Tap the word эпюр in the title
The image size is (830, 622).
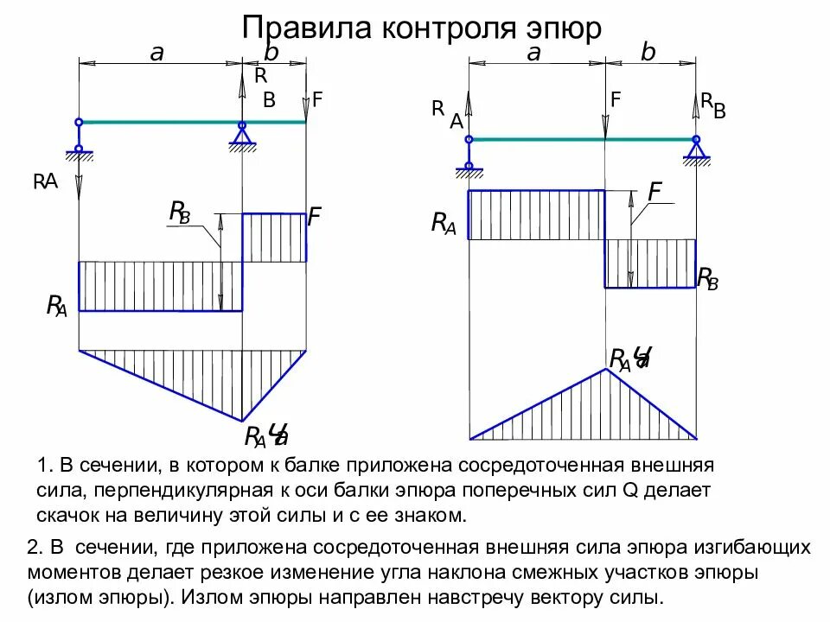[x=562, y=28]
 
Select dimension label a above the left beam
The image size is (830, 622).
[x=156, y=54]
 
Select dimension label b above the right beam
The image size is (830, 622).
[x=648, y=54]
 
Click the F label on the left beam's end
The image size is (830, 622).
[x=317, y=100]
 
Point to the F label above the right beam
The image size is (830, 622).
[x=616, y=100]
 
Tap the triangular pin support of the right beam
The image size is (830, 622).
[x=695, y=151]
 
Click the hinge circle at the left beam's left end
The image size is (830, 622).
[x=79, y=122]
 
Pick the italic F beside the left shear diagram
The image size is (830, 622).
[x=315, y=216]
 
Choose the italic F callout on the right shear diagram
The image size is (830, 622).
[x=655, y=192]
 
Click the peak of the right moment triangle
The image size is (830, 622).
[x=605, y=369]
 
